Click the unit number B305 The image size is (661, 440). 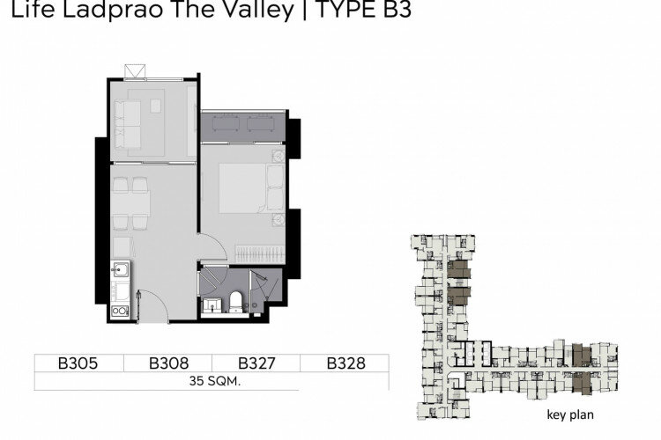(78, 363)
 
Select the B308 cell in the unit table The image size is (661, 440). (168, 363)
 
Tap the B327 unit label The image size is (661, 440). (256, 363)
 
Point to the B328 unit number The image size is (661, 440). (346, 363)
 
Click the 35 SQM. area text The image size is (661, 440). (214, 381)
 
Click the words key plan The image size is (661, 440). (570, 414)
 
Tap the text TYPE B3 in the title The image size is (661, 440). (363, 10)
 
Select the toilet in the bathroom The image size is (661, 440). (236, 302)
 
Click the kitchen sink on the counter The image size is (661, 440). (120, 269)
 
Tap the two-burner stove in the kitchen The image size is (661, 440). (120, 312)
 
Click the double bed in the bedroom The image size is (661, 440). (252, 188)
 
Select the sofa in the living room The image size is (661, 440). (127, 125)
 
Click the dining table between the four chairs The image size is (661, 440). (130, 204)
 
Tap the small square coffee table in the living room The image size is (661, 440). (155, 106)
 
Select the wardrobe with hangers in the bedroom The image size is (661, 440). (260, 254)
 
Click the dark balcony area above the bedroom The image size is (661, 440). (243, 127)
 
